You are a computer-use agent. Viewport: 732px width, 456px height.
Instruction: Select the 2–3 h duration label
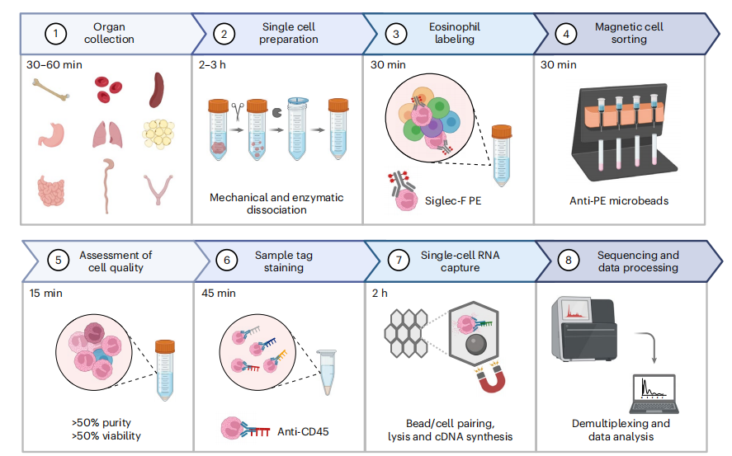click(x=216, y=64)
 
